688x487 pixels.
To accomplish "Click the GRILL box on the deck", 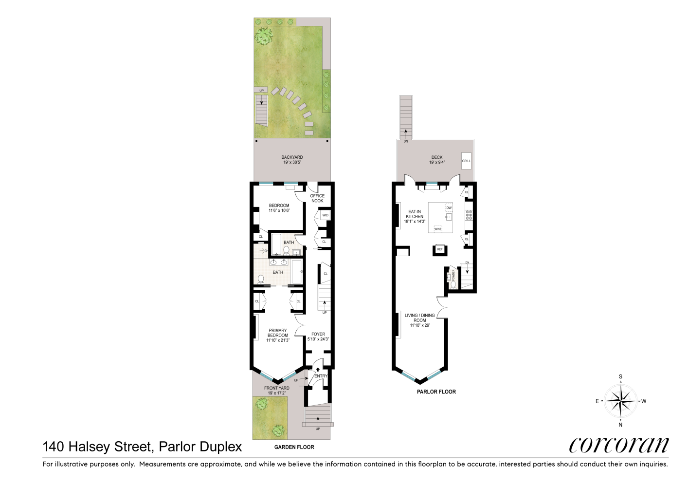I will tap(466, 161).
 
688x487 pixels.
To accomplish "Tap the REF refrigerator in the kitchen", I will tap(440, 249).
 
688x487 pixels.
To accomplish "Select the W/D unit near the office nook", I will tap(325, 215).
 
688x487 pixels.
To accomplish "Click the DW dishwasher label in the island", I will tap(449, 208).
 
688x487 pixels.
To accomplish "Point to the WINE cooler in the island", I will tap(437, 228).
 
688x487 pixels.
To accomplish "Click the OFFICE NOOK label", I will tap(317, 198).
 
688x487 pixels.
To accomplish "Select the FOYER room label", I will tap(318, 335).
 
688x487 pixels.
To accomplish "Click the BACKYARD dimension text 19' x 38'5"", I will tap(292, 162).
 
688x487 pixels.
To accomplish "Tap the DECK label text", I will tap(436, 157).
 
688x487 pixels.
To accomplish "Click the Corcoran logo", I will tap(618, 444).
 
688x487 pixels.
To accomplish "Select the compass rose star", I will tap(620, 401).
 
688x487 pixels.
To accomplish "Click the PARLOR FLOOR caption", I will tap(436, 392).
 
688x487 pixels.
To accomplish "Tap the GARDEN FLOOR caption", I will tap(294, 447).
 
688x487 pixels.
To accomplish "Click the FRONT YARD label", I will tap(277, 388).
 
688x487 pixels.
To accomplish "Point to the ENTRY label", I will tap(321, 376).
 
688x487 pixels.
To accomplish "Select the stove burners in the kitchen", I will tap(469, 215).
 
